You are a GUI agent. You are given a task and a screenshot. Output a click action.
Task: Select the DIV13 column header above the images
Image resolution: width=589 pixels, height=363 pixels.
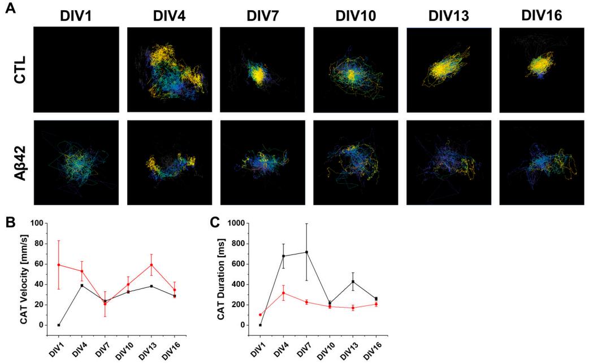449,17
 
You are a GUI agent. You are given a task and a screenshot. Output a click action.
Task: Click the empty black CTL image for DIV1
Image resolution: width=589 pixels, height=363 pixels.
76,69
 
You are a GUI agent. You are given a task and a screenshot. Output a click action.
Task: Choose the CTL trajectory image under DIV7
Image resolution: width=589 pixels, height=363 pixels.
262,69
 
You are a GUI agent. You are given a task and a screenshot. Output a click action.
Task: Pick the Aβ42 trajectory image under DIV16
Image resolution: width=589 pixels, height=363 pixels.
542,162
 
